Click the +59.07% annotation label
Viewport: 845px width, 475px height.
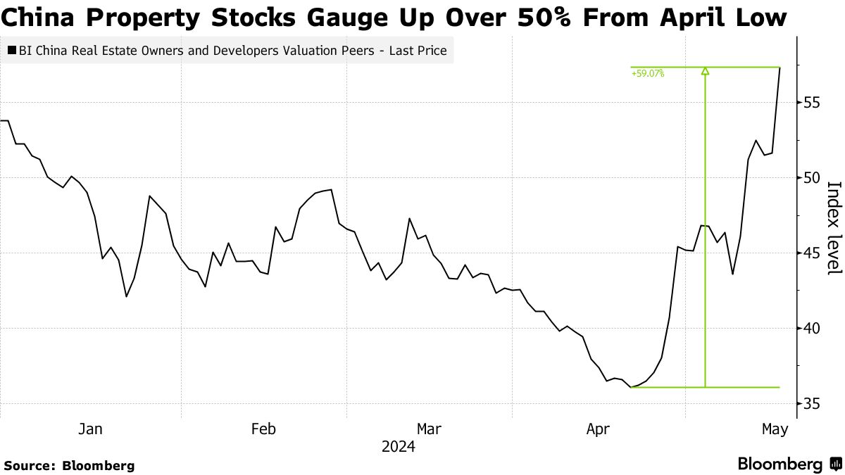pos(647,72)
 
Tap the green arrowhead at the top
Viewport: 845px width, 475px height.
pos(705,70)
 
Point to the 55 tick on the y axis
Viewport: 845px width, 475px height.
pos(812,102)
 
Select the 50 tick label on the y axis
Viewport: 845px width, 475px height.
pos(812,177)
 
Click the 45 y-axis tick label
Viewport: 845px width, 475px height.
pos(812,253)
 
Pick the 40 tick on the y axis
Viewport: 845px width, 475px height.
pos(812,328)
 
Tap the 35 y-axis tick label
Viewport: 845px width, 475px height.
pos(812,403)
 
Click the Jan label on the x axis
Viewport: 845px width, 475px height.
pos(90,429)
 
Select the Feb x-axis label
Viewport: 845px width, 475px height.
pos(263,429)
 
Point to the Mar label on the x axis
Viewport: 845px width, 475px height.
pos(430,429)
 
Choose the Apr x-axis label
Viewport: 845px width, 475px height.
pos(598,429)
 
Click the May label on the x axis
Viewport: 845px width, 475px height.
pos(775,429)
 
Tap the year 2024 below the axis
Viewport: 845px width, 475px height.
pos(398,447)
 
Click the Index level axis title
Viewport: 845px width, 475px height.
pos(834,227)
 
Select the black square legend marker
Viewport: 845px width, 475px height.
pos(12,51)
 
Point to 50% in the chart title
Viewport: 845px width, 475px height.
pos(554,17)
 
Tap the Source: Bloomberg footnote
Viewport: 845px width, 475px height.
pos(69,465)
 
